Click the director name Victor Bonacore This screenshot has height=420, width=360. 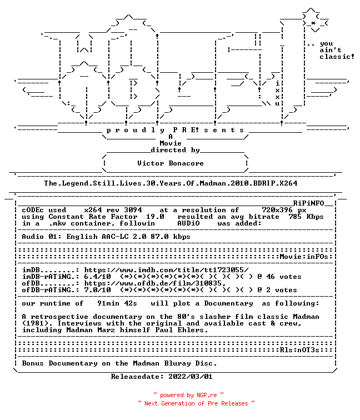(x=171, y=163)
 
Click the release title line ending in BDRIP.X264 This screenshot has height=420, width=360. (x=171, y=183)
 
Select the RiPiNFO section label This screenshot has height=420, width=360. (x=308, y=203)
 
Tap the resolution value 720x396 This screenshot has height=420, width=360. (x=277, y=210)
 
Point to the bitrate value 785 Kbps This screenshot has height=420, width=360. (x=306, y=217)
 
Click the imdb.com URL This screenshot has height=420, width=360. (x=166, y=270)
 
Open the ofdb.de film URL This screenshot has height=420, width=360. (x=155, y=283)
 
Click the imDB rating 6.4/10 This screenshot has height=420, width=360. (x=97, y=277)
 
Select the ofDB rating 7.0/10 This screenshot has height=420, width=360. (x=97, y=290)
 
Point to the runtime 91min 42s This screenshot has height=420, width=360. (x=117, y=303)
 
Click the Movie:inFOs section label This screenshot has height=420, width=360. (x=304, y=257)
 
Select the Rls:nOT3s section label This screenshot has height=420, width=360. (x=300, y=350)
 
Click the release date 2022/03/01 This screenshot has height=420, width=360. (x=191, y=377)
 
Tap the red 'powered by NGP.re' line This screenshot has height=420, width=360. (x=188, y=395)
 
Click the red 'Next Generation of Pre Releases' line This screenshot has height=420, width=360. (x=196, y=403)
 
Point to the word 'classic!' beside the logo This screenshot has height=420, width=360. (x=337, y=57)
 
